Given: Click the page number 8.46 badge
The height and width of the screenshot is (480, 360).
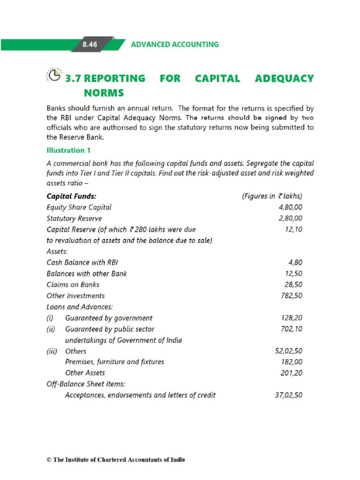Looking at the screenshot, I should click(90, 45).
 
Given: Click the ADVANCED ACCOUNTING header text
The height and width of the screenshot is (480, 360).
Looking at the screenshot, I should click(174, 45).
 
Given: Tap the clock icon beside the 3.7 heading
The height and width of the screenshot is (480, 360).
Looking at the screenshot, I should click(54, 75).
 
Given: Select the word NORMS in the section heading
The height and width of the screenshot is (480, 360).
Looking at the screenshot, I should click(104, 93).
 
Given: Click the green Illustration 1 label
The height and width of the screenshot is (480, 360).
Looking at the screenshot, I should click(68, 150).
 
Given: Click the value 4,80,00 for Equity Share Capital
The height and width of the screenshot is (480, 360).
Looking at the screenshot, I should click(290, 207).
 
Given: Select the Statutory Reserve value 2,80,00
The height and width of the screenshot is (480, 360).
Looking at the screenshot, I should click(290, 218).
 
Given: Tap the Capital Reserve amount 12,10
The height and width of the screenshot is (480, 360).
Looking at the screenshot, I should click(293, 229).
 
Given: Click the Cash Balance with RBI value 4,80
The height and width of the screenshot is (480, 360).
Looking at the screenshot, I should click(295, 262).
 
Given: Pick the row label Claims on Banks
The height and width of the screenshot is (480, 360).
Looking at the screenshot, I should click(73, 285).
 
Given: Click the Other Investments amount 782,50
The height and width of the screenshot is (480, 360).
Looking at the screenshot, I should click(291, 296).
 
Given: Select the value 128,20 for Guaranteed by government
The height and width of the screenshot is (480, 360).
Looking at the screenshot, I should click(291, 318).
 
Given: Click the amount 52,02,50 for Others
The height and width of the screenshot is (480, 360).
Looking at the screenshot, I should click(288, 351).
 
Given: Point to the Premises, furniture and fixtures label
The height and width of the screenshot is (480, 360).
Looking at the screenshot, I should click(114, 362).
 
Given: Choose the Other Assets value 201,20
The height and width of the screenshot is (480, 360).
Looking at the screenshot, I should click(291, 373).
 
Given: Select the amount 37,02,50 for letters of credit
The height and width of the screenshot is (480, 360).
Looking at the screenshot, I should click(288, 395).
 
